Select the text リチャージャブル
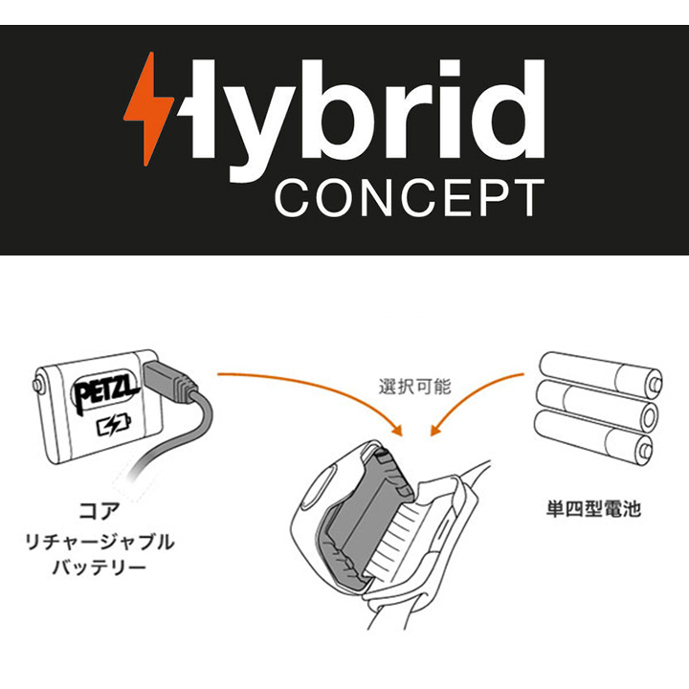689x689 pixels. [x=99, y=542]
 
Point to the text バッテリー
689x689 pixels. [x=99, y=569]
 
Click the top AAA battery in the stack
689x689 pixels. [x=598, y=369]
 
